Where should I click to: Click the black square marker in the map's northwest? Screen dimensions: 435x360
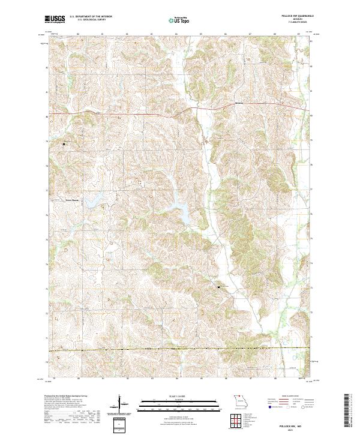[64, 144]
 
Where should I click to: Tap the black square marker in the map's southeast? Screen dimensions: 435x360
[218, 287]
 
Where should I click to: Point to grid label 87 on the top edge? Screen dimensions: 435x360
[250, 34]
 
